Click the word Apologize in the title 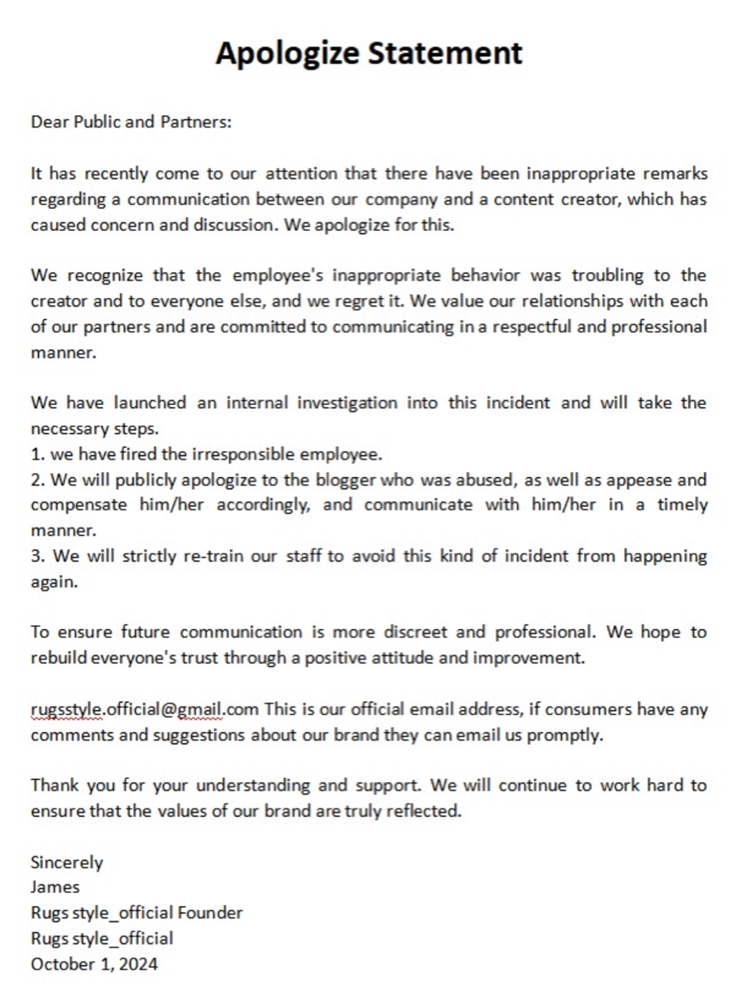pyautogui.click(x=288, y=53)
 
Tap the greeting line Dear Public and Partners pyautogui.click(x=131, y=122)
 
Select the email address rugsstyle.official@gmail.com pyautogui.click(x=145, y=710)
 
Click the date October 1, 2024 pyautogui.click(x=94, y=964)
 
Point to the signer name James pyautogui.click(x=55, y=887)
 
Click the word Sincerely pyautogui.click(x=67, y=862)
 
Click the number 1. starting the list pyautogui.click(x=38, y=454)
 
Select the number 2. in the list pyautogui.click(x=38, y=480)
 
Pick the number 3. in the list pyautogui.click(x=38, y=556)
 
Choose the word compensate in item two pyautogui.click(x=79, y=505)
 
